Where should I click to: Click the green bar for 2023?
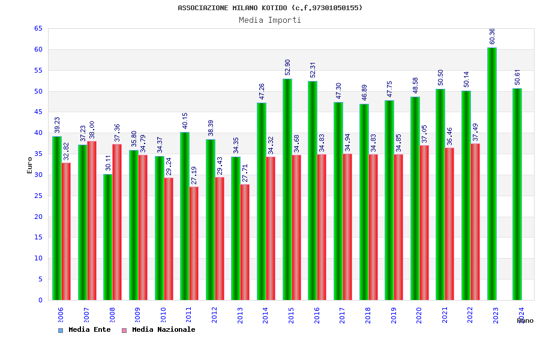click(x=491, y=174)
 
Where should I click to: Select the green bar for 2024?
click(x=517, y=194)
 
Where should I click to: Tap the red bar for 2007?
click(x=92, y=221)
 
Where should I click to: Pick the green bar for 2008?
click(x=107, y=237)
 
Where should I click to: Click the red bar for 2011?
click(x=194, y=243)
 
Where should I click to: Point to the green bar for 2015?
click(x=287, y=190)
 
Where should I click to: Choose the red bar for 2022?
click(x=475, y=221)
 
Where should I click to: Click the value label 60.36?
click(x=492, y=36)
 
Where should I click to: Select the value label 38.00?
click(x=92, y=130)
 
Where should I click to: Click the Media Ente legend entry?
click(x=85, y=329)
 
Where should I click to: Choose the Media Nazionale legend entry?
click(x=158, y=329)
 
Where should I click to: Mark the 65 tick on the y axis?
click(x=38, y=29)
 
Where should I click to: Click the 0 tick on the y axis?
click(x=40, y=300)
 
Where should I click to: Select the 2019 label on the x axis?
click(x=394, y=316)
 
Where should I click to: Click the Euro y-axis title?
click(x=29, y=165)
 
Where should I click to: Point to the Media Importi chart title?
click(x=270, y=20)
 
